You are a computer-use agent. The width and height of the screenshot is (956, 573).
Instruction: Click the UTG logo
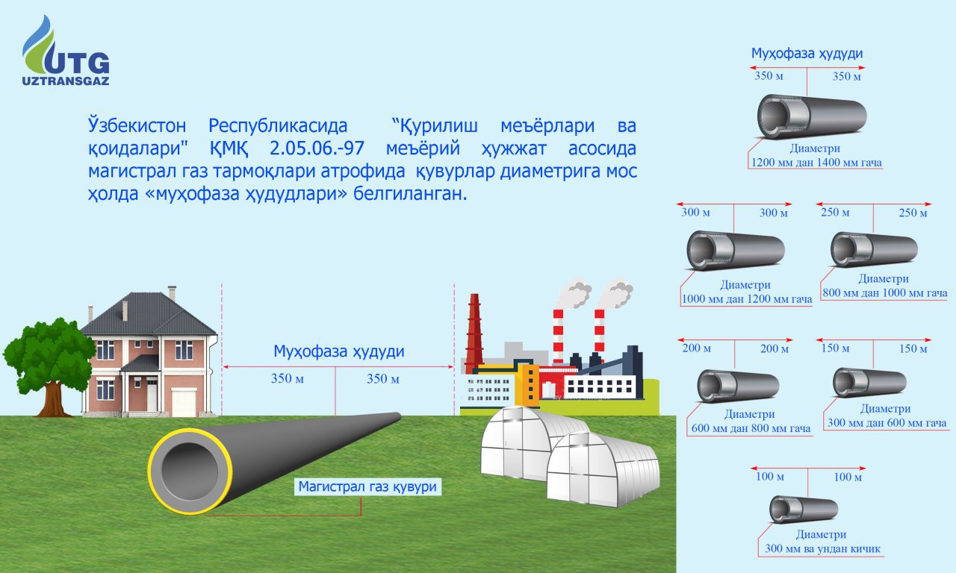click(66, 52)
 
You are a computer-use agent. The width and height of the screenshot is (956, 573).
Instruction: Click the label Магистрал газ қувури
click(367, 487)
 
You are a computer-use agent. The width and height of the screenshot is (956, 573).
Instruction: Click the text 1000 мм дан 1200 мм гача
click(746, 299)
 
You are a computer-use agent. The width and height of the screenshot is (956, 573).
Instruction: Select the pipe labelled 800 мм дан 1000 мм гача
click(875, 250)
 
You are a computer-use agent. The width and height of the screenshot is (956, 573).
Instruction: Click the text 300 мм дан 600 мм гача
click(887, 423)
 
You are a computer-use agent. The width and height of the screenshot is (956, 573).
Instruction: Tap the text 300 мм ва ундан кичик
click(822, 549)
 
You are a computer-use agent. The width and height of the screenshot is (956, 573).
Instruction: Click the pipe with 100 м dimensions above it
click(803, 510)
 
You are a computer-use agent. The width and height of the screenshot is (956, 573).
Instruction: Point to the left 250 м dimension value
click(835, 213)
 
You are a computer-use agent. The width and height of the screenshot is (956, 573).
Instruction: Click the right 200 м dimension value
click(775, 348)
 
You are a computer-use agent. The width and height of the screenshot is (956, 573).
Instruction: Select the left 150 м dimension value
click(835, 348)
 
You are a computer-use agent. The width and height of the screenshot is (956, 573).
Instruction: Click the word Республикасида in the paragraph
click(279, 123)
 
